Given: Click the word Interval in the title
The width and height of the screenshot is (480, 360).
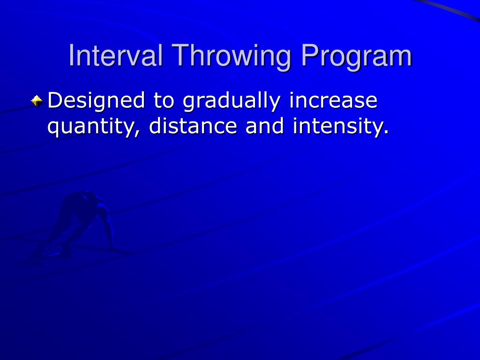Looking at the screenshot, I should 115,56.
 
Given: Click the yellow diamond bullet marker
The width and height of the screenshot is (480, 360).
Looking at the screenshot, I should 37,100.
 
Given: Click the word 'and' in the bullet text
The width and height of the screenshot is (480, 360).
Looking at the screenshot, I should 264,127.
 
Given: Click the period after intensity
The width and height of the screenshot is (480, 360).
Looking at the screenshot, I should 386,133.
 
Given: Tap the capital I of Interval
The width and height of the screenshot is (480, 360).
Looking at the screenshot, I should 72,56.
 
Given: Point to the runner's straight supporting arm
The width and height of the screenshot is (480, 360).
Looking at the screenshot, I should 109,230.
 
